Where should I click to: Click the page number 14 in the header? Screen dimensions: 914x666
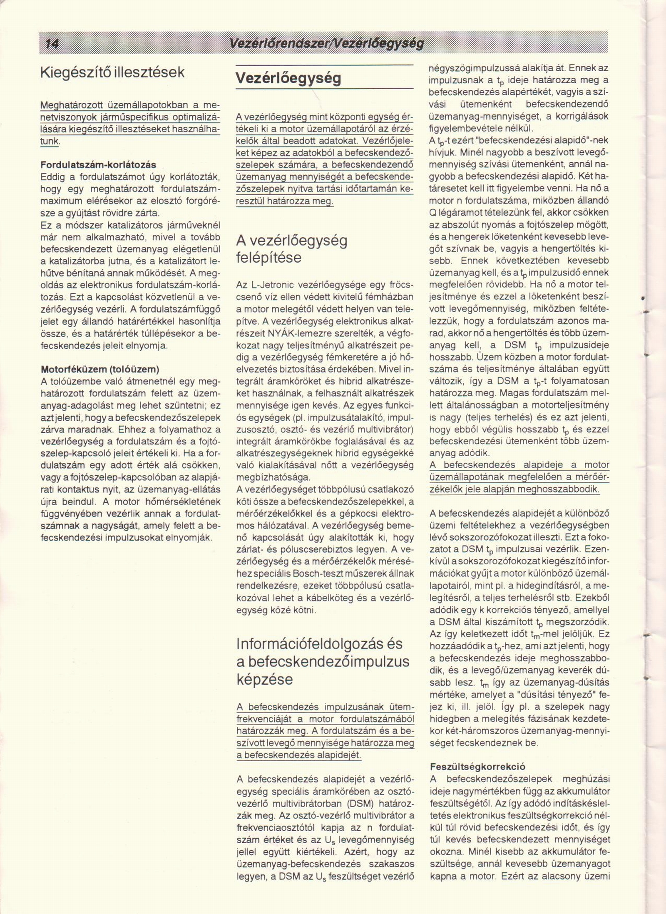click(x=52, y=43)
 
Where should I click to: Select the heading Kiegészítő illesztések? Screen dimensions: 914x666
click(x=112, y=72)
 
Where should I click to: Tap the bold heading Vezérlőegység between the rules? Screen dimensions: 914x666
click(x=288, y=78)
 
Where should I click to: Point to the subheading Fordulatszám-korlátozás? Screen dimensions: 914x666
click(x=98, y=165)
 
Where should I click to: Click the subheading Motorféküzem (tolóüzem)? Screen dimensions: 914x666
click(x=100, y=369)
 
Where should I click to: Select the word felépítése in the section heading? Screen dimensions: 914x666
click(x=268, y=258)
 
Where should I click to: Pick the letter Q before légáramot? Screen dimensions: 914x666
click(x=432, y=213)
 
